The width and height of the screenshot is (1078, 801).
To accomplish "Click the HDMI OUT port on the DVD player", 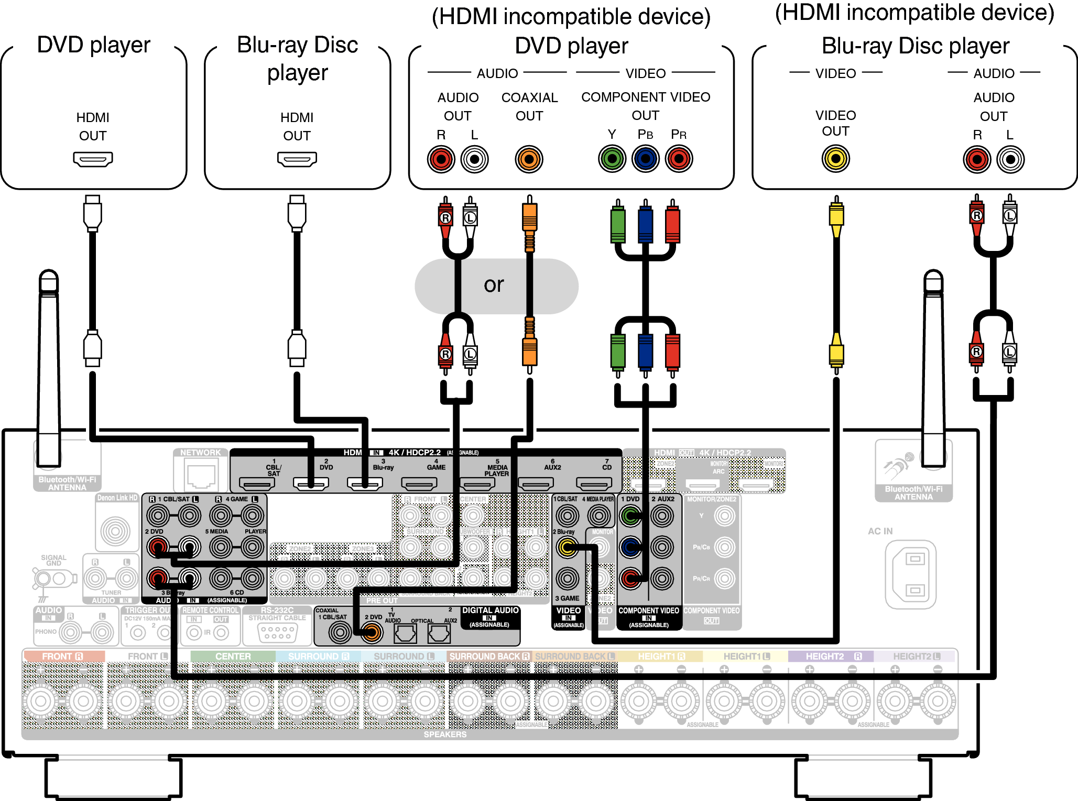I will [93, 159].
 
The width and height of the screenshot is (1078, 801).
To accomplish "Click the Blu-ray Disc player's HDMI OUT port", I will [297, 159].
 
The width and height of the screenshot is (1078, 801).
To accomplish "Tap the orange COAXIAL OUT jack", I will [529, 159].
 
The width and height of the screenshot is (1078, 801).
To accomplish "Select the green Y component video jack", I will [612, 159].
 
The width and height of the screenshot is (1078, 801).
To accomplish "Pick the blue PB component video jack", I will [645, 159].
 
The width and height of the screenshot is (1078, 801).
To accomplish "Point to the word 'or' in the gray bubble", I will [494, 285].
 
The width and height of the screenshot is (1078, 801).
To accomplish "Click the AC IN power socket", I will [910, 574].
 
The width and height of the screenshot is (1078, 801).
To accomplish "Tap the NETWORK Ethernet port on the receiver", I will [201, 476].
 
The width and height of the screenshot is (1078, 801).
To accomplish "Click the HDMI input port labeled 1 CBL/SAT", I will [257, 483].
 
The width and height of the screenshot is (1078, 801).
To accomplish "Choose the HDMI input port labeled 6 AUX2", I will [536, 483].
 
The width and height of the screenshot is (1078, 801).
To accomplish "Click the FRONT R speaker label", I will [63, 656].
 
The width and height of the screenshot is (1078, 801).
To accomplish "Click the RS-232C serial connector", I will [277, 632].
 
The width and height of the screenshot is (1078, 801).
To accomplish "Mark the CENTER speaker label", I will [233, 656].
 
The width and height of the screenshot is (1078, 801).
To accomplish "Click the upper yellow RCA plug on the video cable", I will [836, 216].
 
